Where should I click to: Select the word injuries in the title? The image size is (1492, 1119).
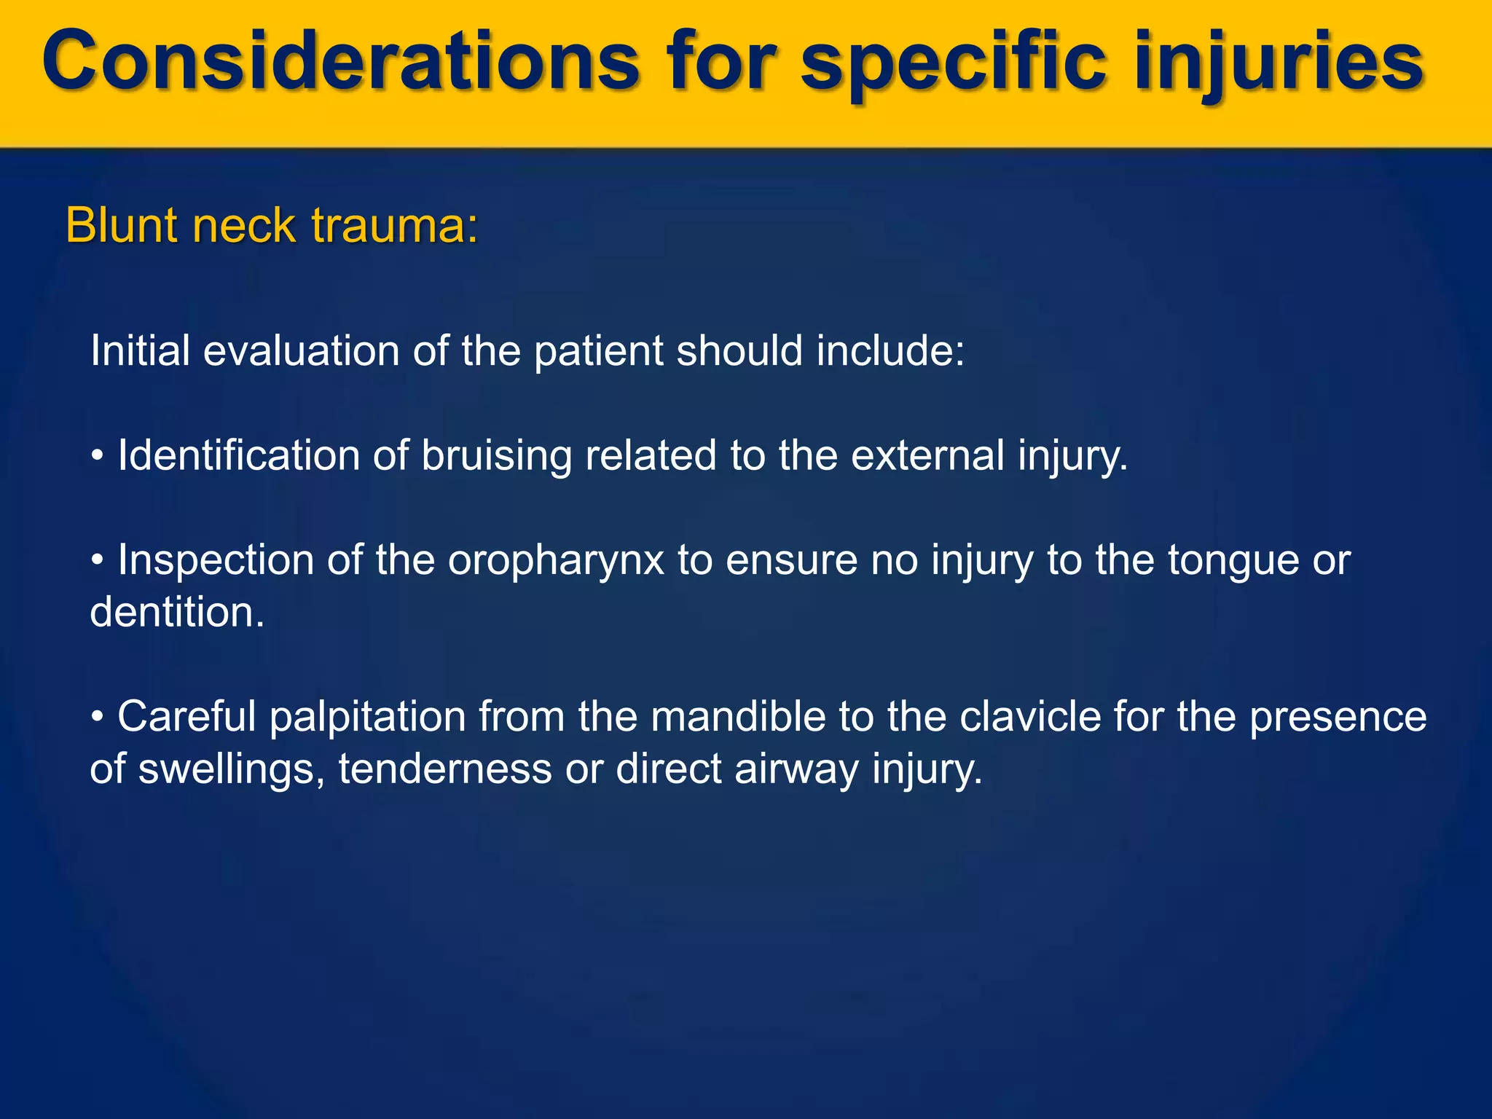[1279, 62]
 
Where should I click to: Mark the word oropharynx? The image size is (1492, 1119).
[556, 560]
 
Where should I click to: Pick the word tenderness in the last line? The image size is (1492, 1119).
[444, 769]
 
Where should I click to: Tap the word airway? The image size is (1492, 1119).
[797, 769]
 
